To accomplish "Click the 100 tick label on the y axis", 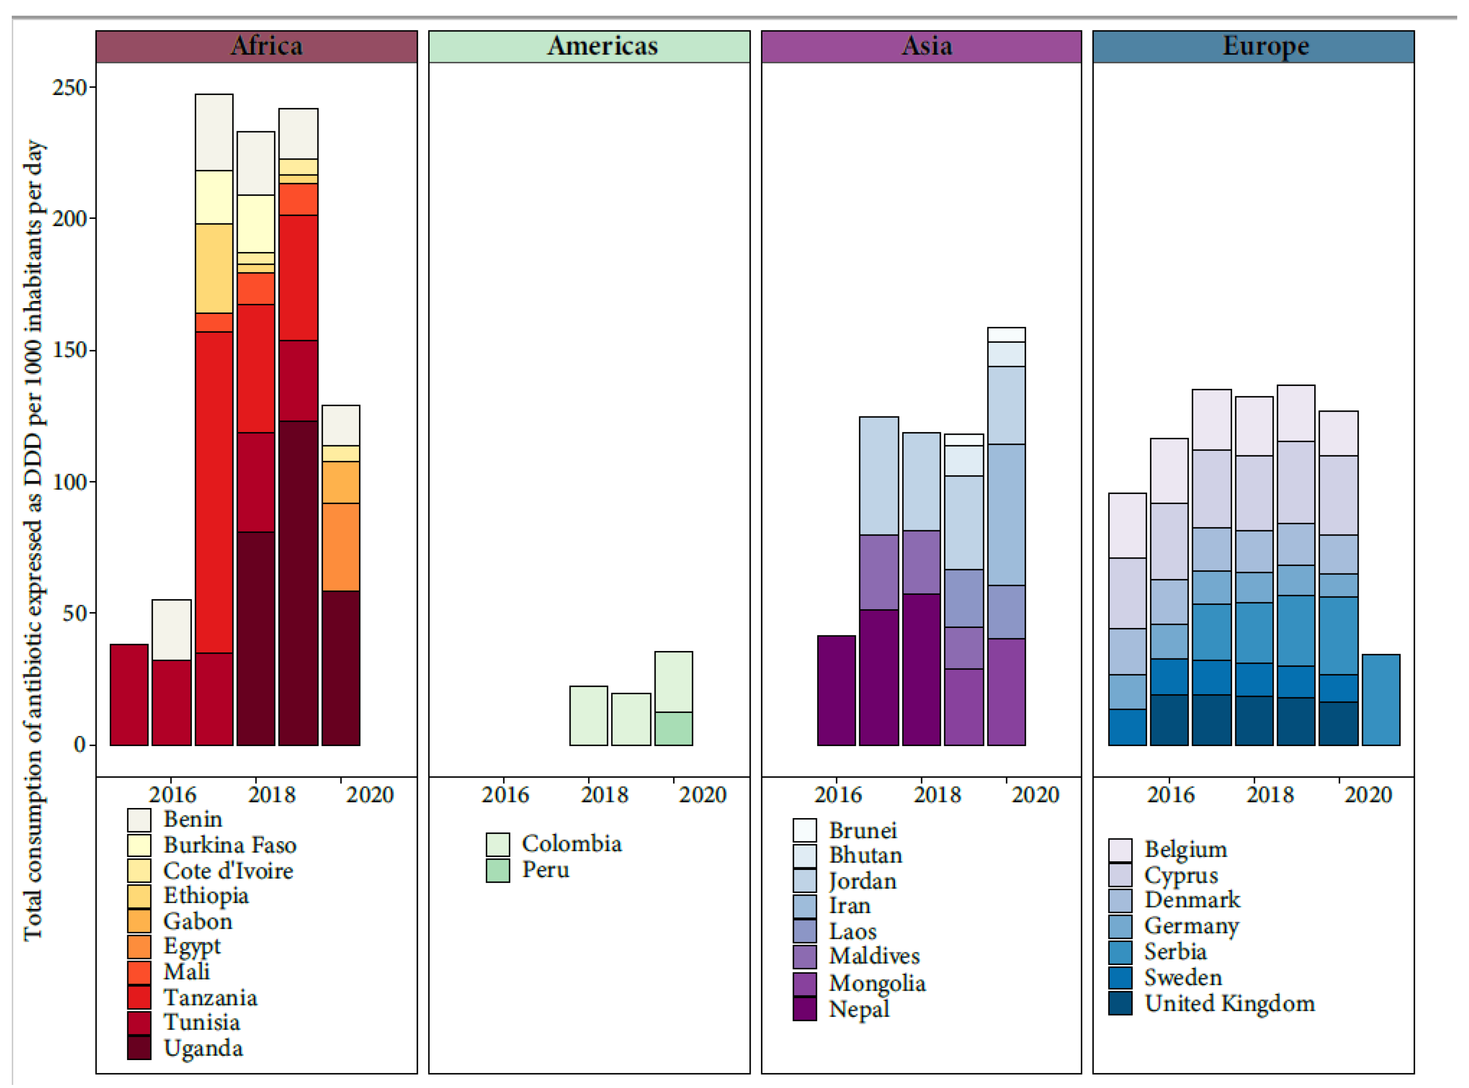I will click(x=70, y=482).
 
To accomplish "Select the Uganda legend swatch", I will click(x=139, y=1048).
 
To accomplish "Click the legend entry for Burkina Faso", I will click(x=229, y=845).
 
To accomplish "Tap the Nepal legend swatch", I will click(x=804, y=1009).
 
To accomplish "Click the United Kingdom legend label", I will click(x=1229, y=1004).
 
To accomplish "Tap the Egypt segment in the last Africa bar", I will click(x=341, y=547).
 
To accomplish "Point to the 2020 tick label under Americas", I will click(x=702, y=795).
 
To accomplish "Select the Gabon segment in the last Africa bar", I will click(x=341, y=483).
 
